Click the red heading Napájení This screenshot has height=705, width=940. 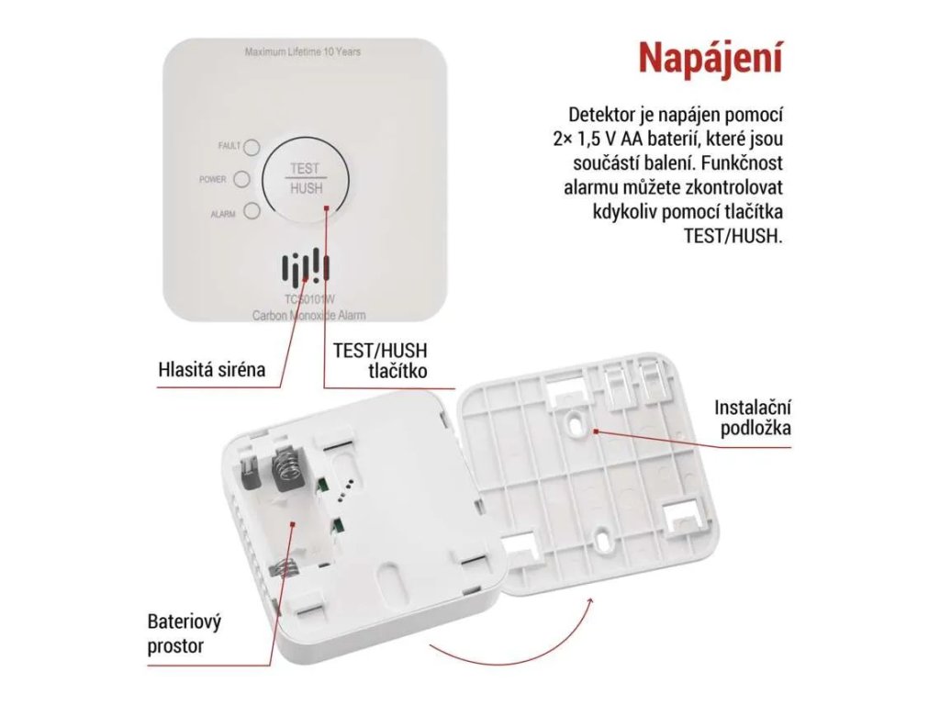click(x=711, y=59)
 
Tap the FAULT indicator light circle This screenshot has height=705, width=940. click(x=252, y=147)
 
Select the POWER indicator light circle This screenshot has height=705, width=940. click(x=241, y=179)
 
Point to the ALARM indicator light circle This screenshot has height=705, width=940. click(x=252, y=212)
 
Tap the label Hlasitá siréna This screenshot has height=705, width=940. click(x=212, y=369)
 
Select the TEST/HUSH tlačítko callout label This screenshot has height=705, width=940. click(x=380, y=360)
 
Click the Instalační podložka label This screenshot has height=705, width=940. click(x=753, y=418)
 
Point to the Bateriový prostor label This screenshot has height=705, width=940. click(x=184, y=633)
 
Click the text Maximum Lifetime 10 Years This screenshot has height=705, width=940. click(x=303, y=52)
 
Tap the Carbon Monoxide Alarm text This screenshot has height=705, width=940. click(x=308, y=316)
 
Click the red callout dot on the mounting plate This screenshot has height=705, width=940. click(x=595, y=431)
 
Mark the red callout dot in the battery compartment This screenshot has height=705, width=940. click(x=293, y=523)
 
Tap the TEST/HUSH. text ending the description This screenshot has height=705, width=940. click(x=733, y=236)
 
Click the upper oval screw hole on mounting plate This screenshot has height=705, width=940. click(x=576, y=420)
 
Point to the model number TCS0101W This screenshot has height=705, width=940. click(x=309, y=299)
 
